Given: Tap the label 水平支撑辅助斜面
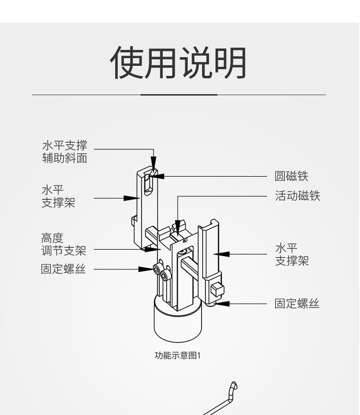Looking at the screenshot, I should click(x=64, y=152).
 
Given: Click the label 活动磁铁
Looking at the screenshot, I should click(x=297, y=196).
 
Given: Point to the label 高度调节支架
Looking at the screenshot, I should click(x=63, y=244).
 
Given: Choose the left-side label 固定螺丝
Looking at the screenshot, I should click(x=63, y=269).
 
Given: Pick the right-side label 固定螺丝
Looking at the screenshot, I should click(x=297, y=304).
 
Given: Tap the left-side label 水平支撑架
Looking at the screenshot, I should click(x=58, y=196).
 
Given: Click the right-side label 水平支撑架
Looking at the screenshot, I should click(x=291, y=255).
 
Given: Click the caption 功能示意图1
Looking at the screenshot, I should click(x=177, y=356).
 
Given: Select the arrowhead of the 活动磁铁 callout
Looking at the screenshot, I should click(x=178, y=224).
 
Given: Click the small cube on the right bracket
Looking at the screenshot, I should click(x=216, y=290).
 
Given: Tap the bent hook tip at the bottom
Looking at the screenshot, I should click(x=234, y=386).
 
